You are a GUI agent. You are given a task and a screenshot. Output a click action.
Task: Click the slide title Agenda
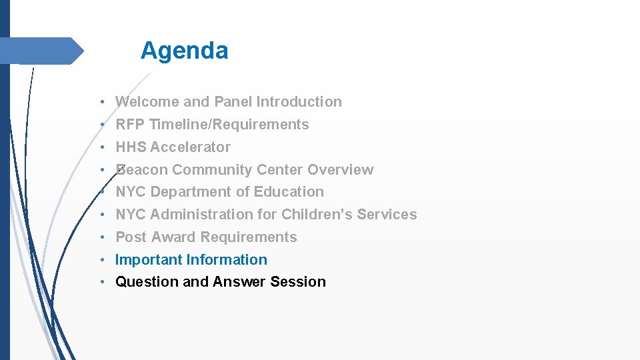[184, 51]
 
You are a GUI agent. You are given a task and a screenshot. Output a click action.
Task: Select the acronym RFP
[131, 125]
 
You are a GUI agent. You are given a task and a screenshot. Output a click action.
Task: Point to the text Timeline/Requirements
[229, 125]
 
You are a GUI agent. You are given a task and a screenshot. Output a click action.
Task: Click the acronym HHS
[131, 147]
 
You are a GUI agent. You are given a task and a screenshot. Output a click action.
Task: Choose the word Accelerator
[191, 147]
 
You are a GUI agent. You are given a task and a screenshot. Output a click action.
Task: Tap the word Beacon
[142, 170]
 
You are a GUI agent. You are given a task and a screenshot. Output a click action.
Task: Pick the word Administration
[202, 215]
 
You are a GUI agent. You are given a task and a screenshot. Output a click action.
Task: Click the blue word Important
[149, 260]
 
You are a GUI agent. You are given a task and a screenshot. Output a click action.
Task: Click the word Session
[298, 282]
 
